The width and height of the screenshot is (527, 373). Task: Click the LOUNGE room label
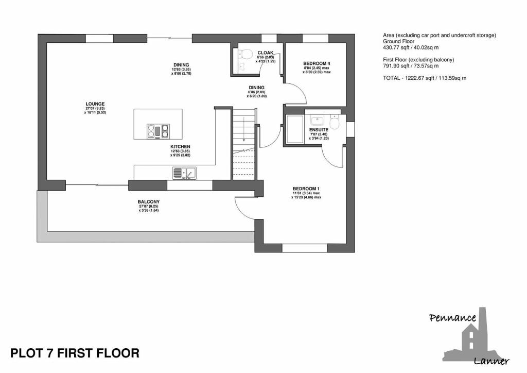coord(95,104)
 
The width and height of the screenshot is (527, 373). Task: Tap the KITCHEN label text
coord(180,147)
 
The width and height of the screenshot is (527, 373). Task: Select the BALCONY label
coord(149,202)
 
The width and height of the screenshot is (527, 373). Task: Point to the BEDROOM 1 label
coord(306,189)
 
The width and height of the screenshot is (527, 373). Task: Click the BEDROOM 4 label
coord(317,63)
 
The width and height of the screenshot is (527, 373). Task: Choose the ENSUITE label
coord(319,129)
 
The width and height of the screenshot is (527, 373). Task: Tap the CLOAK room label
coord(266,53)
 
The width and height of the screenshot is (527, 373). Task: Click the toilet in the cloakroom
coord(246,54)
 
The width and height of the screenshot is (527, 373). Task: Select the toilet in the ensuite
coord(335,122)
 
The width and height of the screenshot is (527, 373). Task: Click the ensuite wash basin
coord(317,121)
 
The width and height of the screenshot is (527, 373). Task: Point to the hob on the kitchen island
coord(158,131)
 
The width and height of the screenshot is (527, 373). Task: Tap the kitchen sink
coord(184,173)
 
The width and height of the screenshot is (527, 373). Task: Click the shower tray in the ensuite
coord(295,129)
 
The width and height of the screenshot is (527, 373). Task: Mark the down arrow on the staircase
coord(243,129)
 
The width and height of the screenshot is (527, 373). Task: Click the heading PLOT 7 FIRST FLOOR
coord(75,353)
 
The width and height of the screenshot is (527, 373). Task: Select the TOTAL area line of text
coord(425,78)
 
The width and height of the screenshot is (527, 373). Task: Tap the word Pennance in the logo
coord(453,318)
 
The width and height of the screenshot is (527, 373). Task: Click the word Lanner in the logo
coord(491,362)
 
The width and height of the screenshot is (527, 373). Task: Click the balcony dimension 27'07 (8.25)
coord(149,206)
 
